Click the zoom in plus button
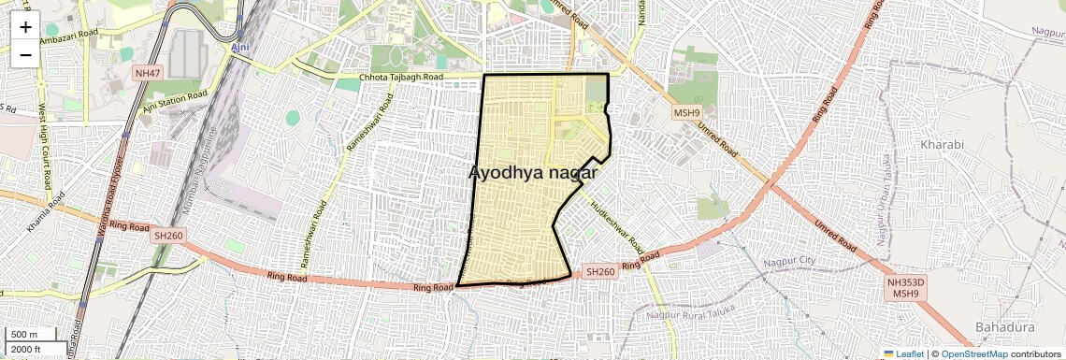coord(25,27)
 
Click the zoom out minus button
coord(25,54)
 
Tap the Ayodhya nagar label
coord(532,173)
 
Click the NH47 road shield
coord(148,73)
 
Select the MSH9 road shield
coord(687,113)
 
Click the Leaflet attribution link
coord(903,353)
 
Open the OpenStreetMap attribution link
coord(973,353)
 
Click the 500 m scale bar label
coord(24,335)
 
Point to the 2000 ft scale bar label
coord(25,350)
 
